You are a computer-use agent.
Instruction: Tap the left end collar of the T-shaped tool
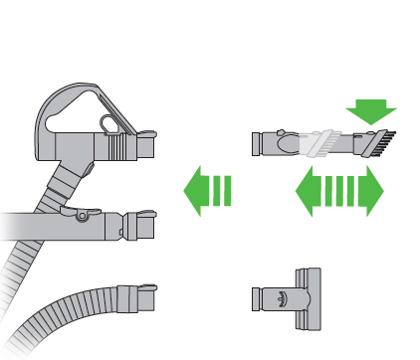pos(257,295)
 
